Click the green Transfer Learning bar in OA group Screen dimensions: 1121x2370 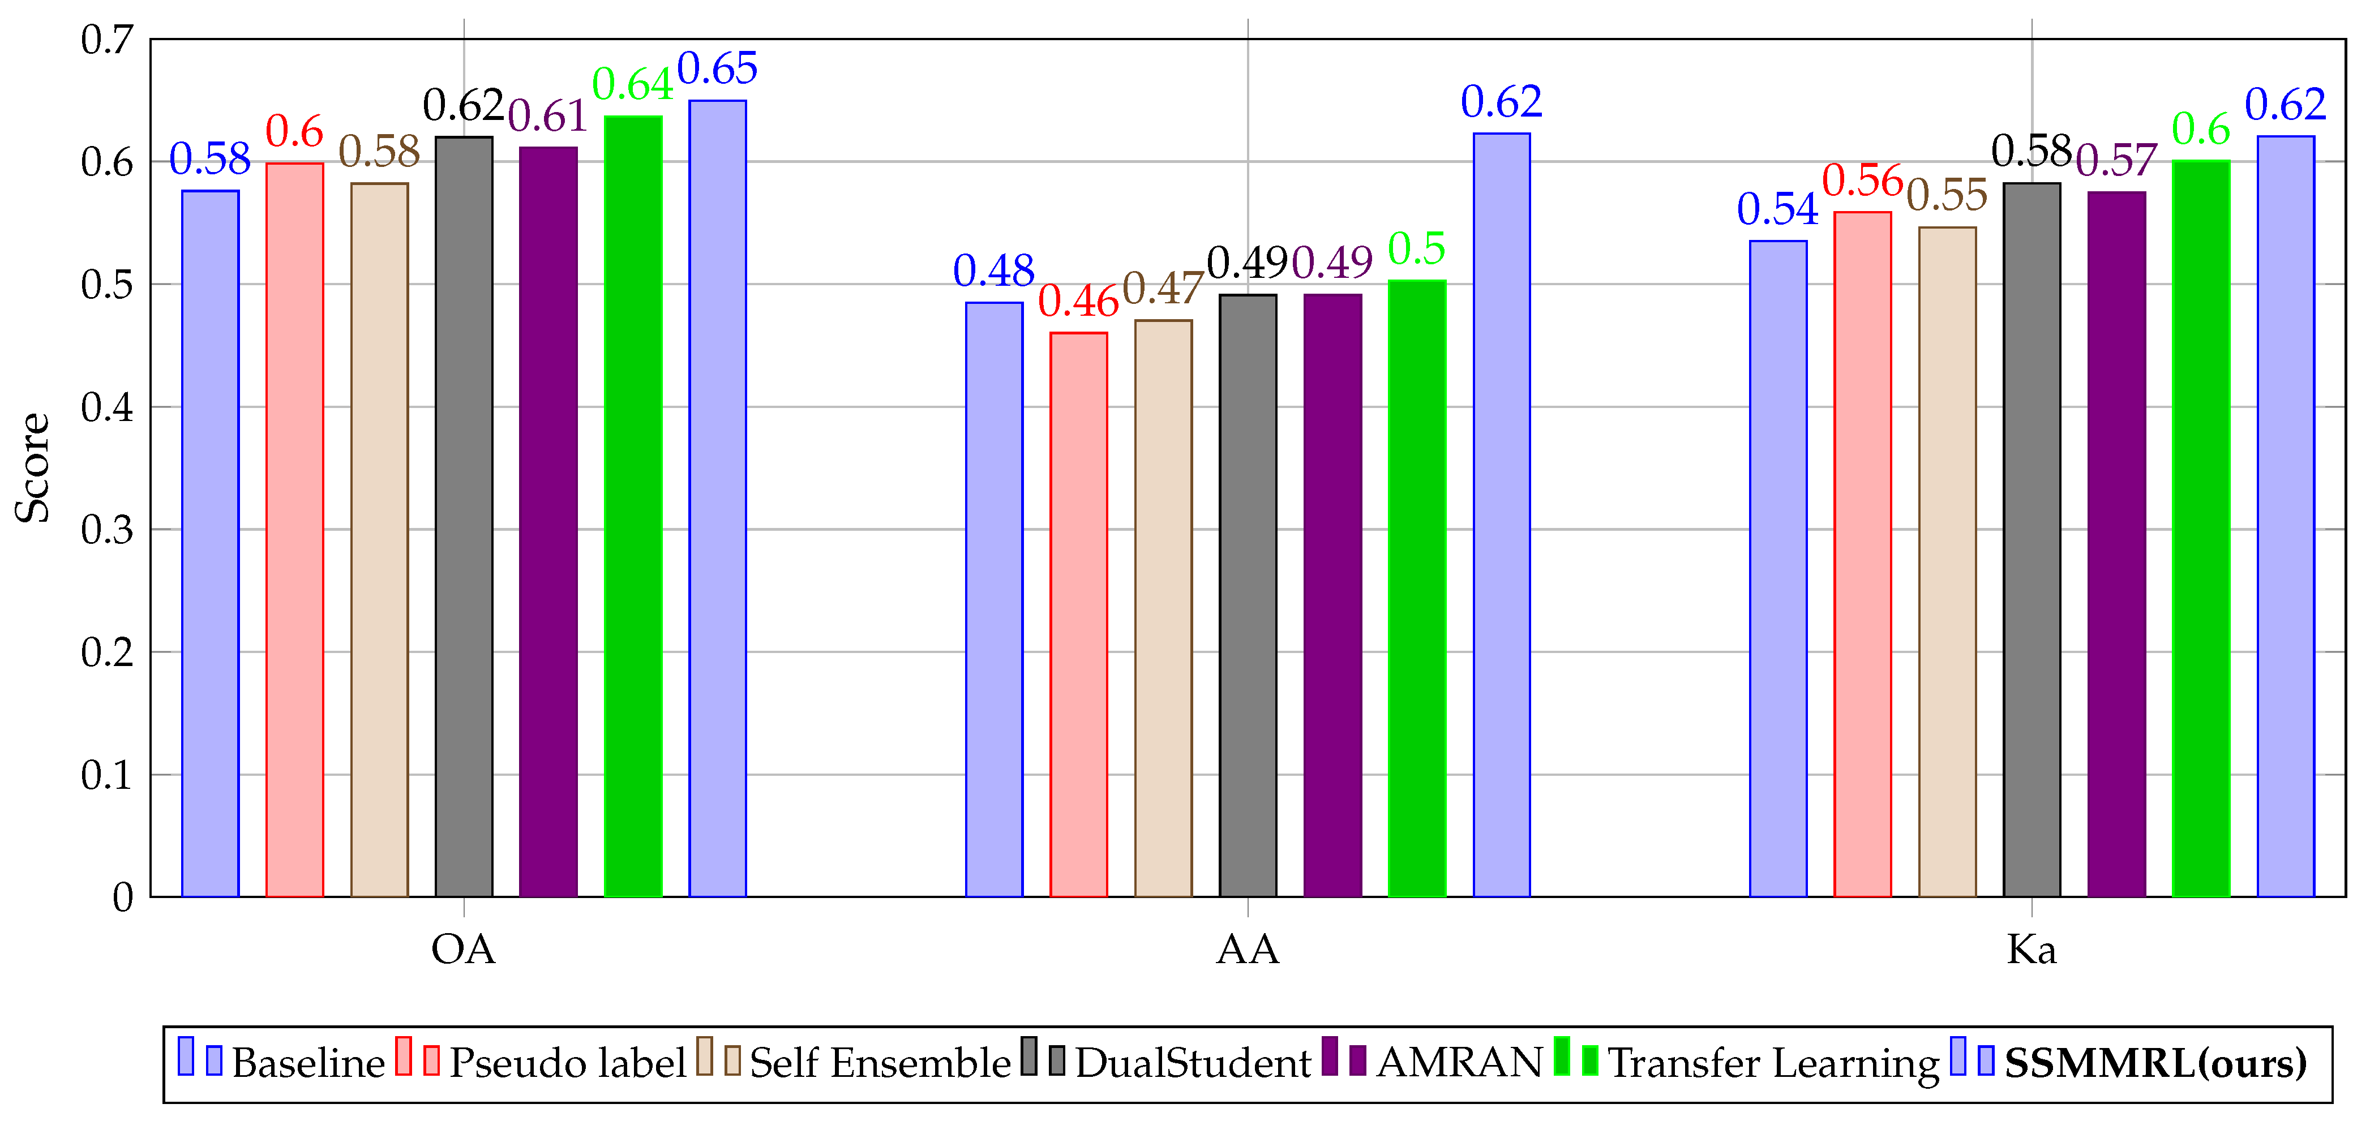tap(633, 506)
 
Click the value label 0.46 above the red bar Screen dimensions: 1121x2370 tap(1078, 302)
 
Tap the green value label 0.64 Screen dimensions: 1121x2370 tap(632, 85)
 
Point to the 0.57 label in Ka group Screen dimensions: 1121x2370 tap(2116, 161)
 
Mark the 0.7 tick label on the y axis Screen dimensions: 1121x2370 tap(106, 40)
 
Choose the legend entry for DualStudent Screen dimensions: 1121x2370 tap(1192, 1063)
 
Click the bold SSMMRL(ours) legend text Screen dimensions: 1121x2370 tap(2155, 1063)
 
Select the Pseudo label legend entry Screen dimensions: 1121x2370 tap(567, 1063)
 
